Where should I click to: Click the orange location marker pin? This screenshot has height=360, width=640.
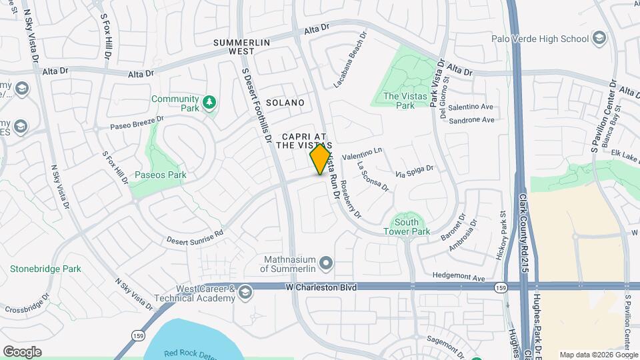(321, 159)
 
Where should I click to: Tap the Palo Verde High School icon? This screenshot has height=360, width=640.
(598, 37)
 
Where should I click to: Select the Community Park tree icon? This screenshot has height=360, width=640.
(210, 102)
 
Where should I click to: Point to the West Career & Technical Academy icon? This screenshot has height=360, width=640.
(245, 293)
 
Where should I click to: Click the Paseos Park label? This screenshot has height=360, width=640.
(159, 175)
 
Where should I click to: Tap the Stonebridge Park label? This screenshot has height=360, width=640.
(45, 269)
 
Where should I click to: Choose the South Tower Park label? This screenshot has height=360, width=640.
(407, 227)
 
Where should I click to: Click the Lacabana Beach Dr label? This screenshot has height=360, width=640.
(351, 61)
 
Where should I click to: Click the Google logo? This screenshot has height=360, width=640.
(22, 351)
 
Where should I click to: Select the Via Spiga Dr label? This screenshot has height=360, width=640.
(415, 171)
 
